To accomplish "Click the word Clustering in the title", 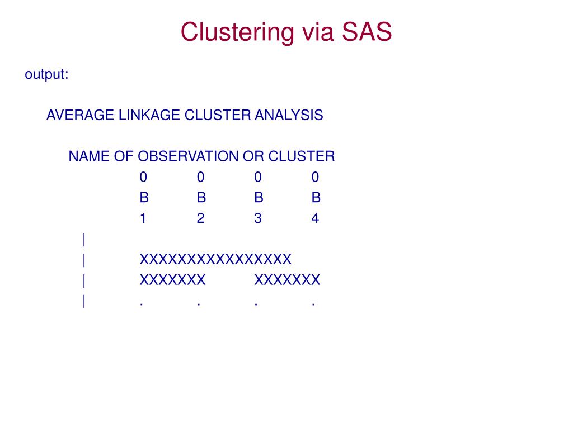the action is [237, 32].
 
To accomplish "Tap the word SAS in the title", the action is [365, 32].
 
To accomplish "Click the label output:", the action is [46, 74].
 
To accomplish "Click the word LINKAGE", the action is [149, 115].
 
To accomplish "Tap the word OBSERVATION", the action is [188, 156].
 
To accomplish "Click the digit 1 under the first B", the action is [143, 218].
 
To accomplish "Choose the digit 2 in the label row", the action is [200, 218].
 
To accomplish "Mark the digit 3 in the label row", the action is [257, 218].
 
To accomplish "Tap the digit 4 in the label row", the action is [315, 218].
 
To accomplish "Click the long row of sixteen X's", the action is [215, 260].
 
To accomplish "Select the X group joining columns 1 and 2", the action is [172, 280].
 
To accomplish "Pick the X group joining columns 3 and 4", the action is [287, 280].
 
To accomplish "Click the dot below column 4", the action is [314, 305].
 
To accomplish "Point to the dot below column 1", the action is [142, 305].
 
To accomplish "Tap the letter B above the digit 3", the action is [258, 198].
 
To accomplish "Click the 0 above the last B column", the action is [315, 178].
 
